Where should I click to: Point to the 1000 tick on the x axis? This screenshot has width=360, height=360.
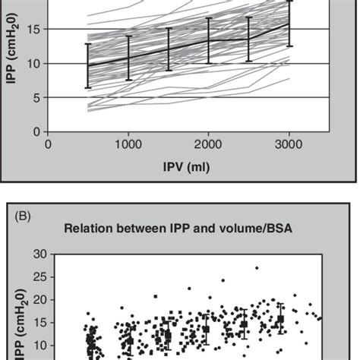(128, 143)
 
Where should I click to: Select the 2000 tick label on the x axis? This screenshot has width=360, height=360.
(209, 143)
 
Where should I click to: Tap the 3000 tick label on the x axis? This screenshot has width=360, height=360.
(289, 143)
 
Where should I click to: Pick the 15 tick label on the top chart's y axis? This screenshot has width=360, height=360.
(33, 29)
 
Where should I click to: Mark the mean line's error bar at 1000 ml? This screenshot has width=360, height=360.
(128, 58)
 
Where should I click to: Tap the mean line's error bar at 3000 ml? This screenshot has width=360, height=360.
(289, 24)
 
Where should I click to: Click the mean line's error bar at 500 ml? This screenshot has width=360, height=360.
(88, 66)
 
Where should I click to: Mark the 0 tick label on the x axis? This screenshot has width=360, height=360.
(49, 143)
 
